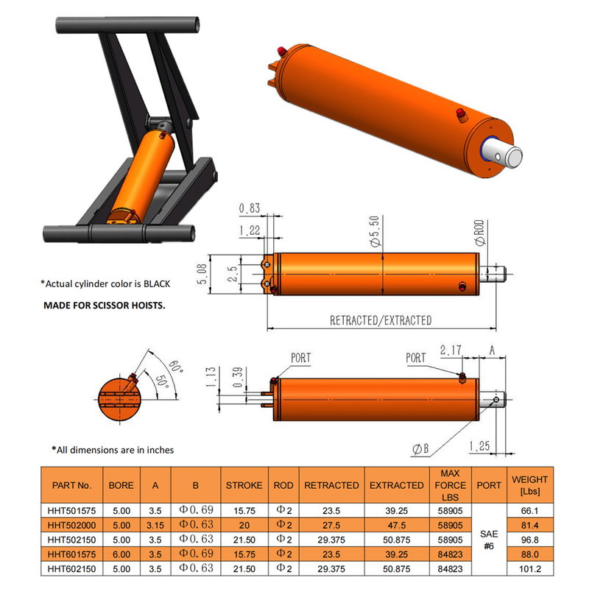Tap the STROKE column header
tap(243, 485)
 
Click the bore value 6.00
tap(121, 554)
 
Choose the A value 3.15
tap(155, 525)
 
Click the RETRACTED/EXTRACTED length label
tap(380, 320)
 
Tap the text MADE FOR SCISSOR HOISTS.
tap(104, 304)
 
